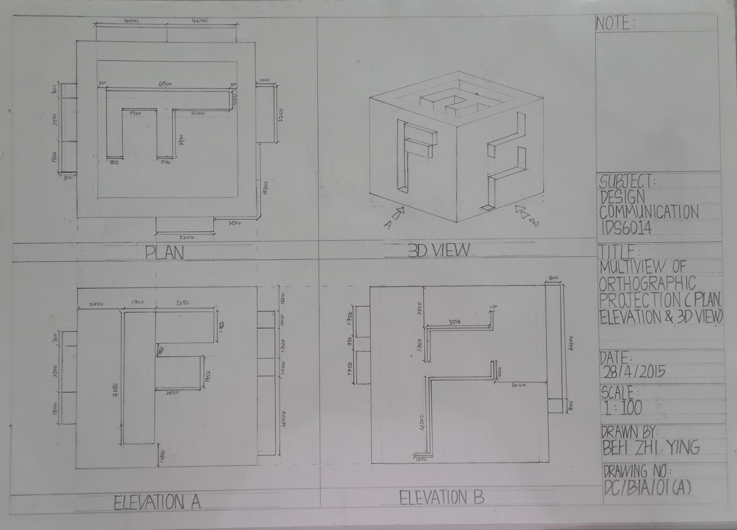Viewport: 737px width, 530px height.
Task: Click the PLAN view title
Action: pyautogui.click(x=164, y=253)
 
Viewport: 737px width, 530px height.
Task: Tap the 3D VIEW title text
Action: pyautogui.click(x=439, y=250)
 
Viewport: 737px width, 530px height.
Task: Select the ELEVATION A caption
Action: pyautogui.click(x=157, y=502)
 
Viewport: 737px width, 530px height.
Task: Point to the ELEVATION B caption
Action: pyautogui.click(x=441, y=498)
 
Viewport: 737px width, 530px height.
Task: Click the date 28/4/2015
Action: pyautogui.click(x=633, y=372)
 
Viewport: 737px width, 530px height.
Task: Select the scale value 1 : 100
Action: pyautogui.click(x=621, y=407)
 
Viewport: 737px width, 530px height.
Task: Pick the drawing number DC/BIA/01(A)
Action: pyautogui.click(x=647, y=487)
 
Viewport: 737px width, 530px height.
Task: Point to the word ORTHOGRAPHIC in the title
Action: pyautogui.click(x=647, y=283)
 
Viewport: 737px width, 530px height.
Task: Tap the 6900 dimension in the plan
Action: pyautogui.click(x=165, y=84)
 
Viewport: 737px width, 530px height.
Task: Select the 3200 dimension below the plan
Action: pyautogui.click(x=186, y=237)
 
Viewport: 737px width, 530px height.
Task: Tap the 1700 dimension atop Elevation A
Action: pyautogui.click(x=137, y=302)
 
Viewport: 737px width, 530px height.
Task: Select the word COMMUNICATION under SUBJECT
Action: pyautogui.click(x=649, y=212)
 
